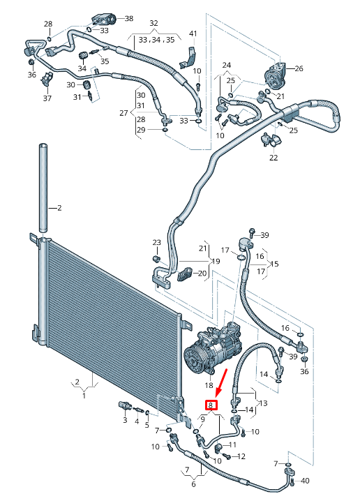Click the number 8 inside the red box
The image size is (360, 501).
[x=210, y=404]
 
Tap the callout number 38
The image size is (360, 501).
[x=128, y=18]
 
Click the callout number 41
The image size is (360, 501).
[x=193, y=33]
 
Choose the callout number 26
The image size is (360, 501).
[x=299, y=68]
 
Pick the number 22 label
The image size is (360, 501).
[x=273, y=158]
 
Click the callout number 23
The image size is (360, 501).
[x=157, y=243]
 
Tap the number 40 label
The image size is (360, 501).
[x=304, y=480]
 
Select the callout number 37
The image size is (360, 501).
[x=47, y=98]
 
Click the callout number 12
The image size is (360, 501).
[x=242, y=456]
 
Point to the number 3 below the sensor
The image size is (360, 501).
[x=125, y=421]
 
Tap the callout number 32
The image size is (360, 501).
[x=153, y=24]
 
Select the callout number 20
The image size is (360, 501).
[x=202, y=274]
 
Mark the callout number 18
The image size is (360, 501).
[x=208, y=385]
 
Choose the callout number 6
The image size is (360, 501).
[x=193, y=484]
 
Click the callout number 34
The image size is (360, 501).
[x=82, y=68]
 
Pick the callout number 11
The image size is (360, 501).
[x=233, y=444]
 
